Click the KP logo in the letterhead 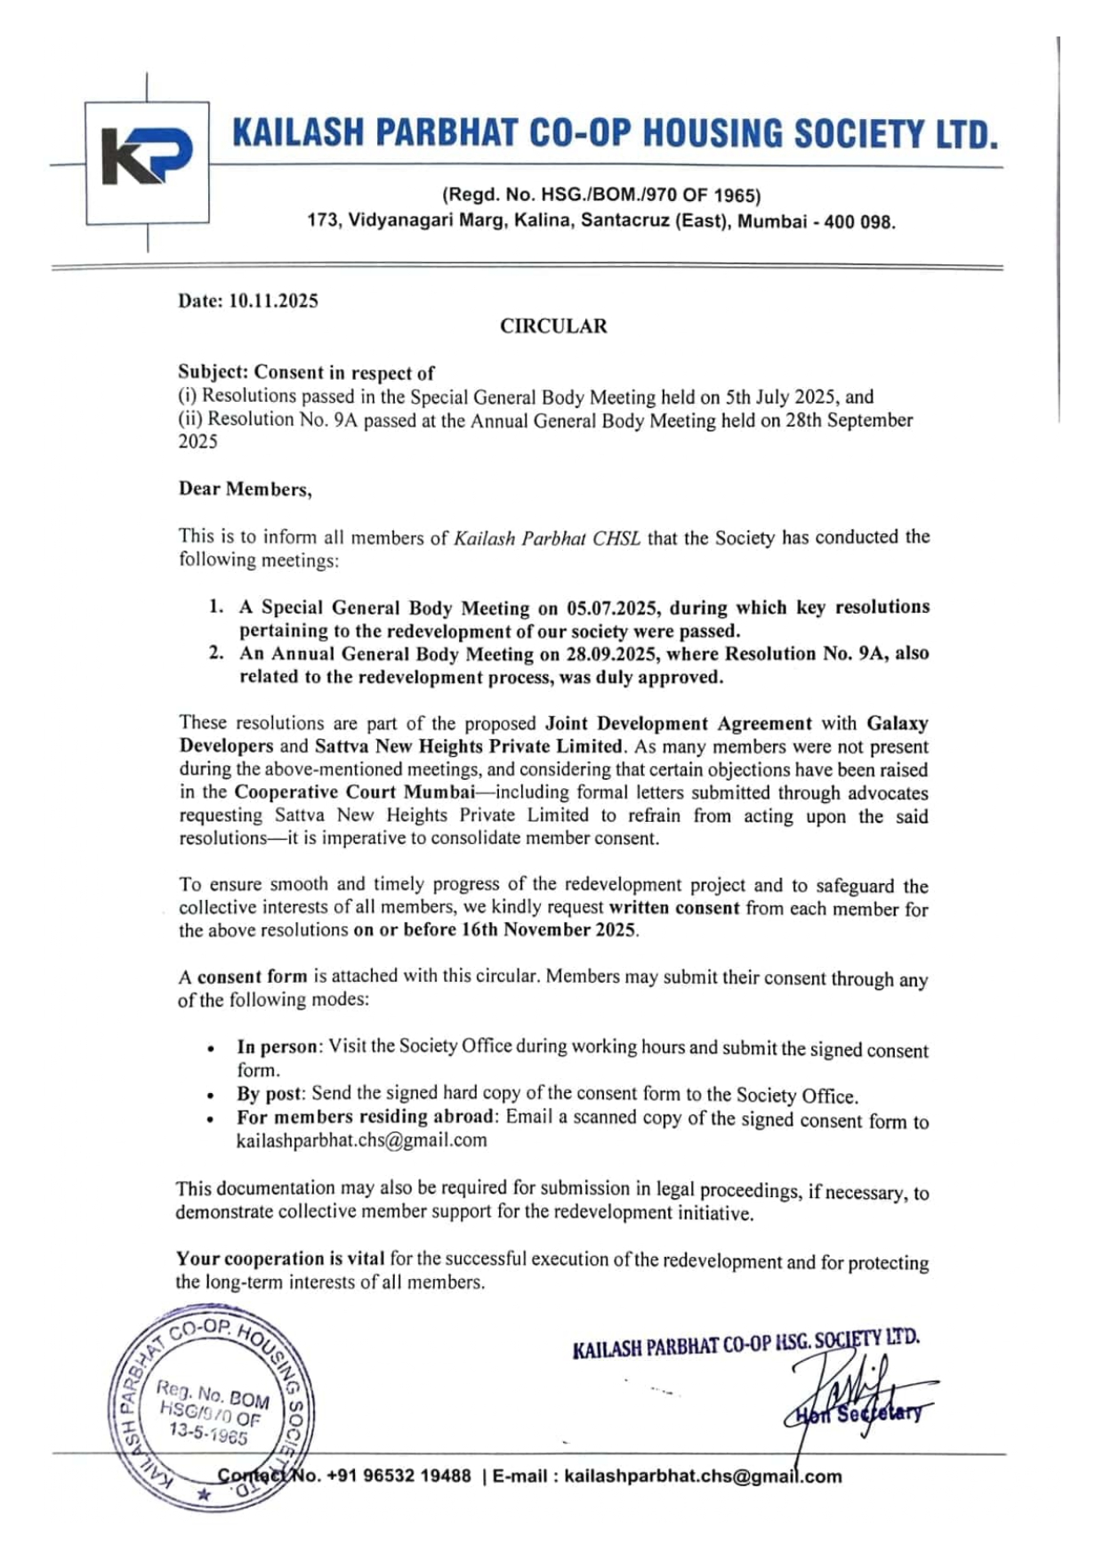(147, 157)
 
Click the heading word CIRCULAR (553, 326)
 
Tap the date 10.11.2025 (273, 301)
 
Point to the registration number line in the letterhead (601, 196)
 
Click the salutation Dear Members (245, 489)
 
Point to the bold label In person (278, 1047)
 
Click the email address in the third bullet (361, 1140)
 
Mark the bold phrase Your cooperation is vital (280, 1259)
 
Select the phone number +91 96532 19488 (399, 1477)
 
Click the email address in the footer (703, 1477)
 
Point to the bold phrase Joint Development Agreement (678, 724)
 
